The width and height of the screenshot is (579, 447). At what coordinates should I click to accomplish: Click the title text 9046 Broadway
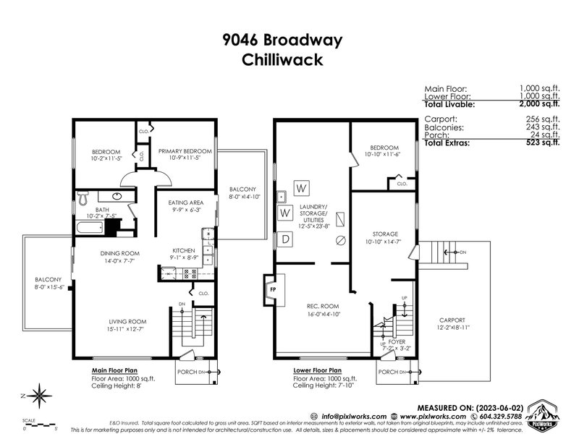(x=289, y=41)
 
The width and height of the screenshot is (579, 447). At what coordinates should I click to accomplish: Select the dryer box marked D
(x=285, y=238)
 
